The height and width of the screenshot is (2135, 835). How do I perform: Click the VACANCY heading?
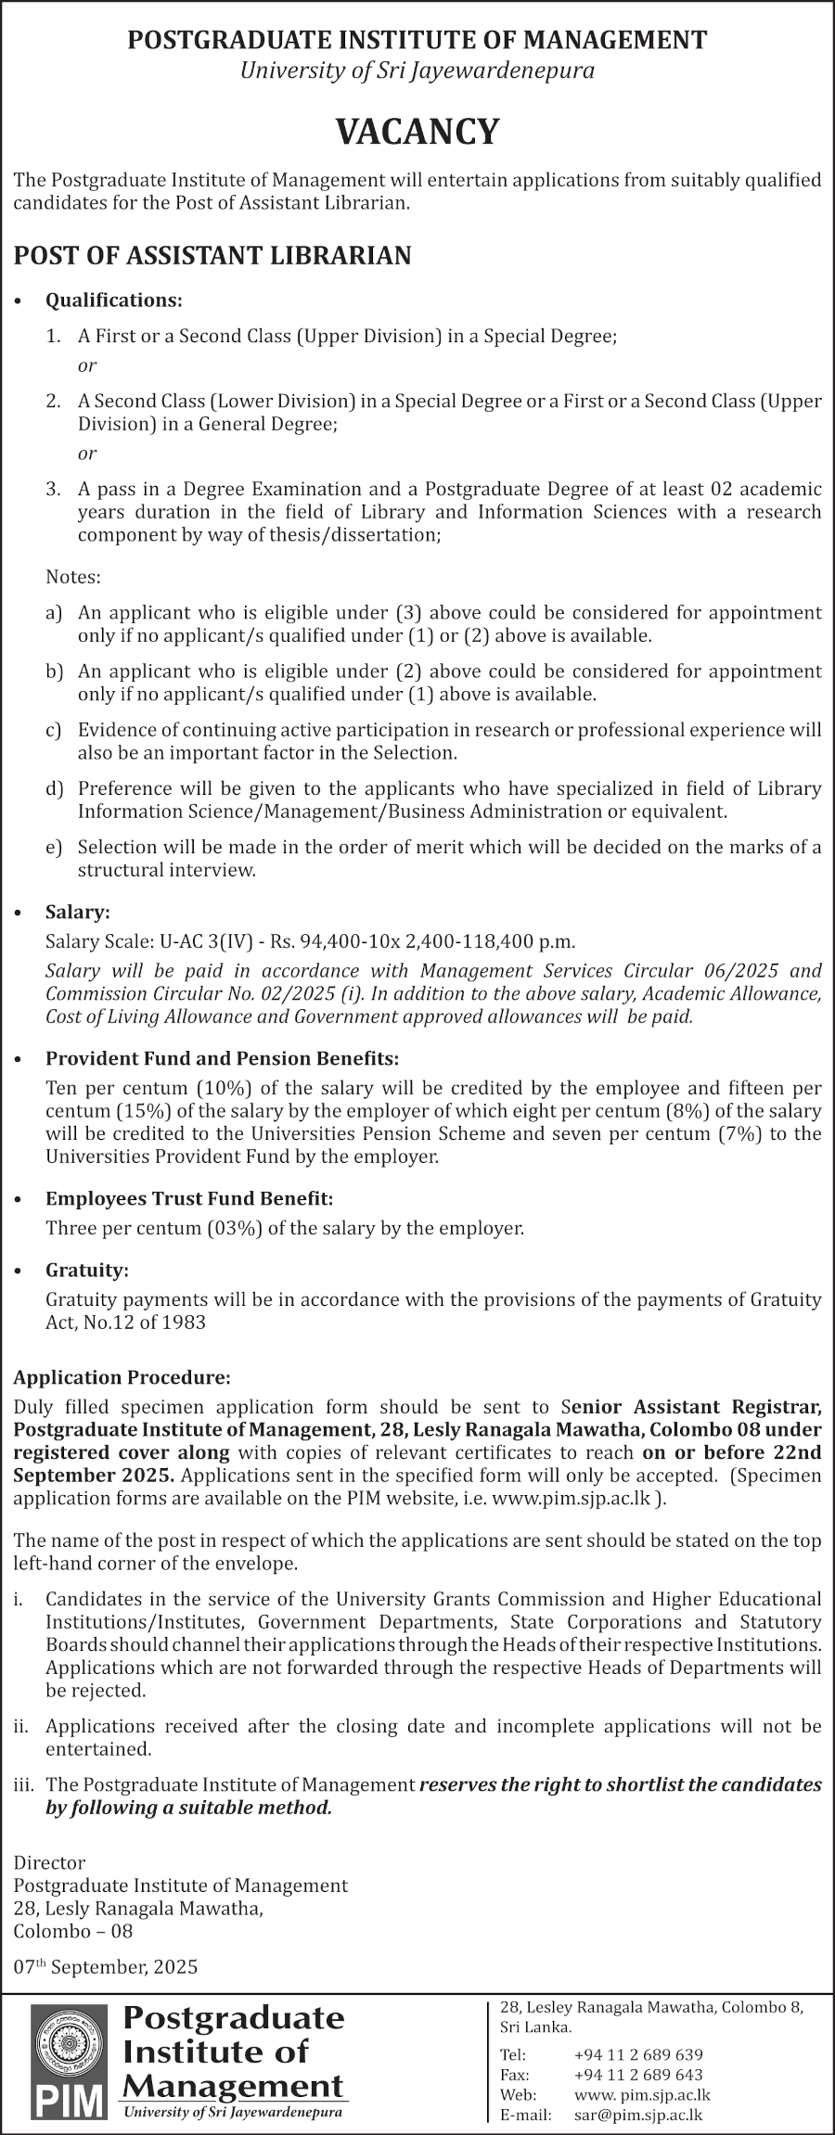pyautogui.click(x=417, y=132)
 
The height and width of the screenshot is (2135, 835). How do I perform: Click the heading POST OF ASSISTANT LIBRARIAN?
pyautogui.click(x=212, y=256)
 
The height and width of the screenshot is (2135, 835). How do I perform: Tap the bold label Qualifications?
pyautogui.click(x=114, y=300)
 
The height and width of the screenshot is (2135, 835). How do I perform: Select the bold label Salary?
pyautogui.click(x=78, y=914)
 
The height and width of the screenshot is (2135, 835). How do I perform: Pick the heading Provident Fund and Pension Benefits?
pyautogui.click(x=223, y=1058)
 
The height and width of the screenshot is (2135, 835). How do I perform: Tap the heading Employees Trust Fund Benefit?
pyautogui.click(x=189, y=1199)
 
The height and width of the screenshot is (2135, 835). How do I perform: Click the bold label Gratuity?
pyautogui.click(x=87, y=1270)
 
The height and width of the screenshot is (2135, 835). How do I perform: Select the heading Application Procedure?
pyautogui.click(x=122, y=1377)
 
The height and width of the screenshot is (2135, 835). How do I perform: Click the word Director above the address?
pyautogui.click(x=49, y=1863)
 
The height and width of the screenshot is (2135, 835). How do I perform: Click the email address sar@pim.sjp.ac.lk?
pyautogui.click(x=638, y=2115)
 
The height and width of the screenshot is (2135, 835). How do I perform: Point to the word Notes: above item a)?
pyautogui.click(x=73, y=577)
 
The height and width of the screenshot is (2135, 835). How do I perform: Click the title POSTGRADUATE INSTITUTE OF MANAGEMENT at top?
pyautogui.click(x=417, y=40)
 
